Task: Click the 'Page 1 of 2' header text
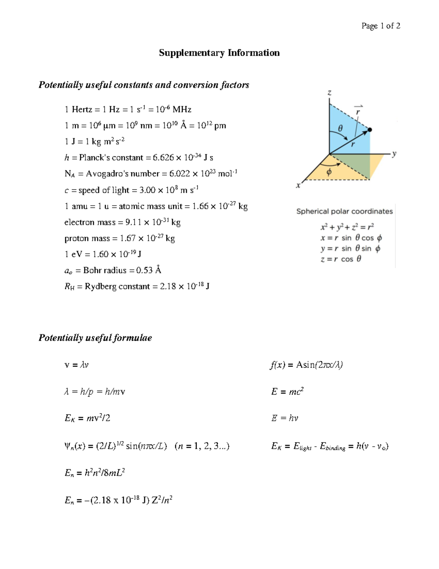(380, 26)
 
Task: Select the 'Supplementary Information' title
(219, 53)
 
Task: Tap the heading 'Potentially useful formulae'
(95, 338)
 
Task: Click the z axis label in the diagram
(329, 93)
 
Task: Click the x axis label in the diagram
(298, 185)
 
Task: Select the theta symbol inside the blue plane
(340, 129)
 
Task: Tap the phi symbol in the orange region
(329, 172)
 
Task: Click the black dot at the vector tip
(369, 130)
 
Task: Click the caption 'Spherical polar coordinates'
(344, 211)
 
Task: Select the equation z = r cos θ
(341, 259)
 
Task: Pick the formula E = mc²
(288, 392)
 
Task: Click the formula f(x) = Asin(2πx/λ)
(306, 365)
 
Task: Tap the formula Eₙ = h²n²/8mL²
(95, 473)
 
